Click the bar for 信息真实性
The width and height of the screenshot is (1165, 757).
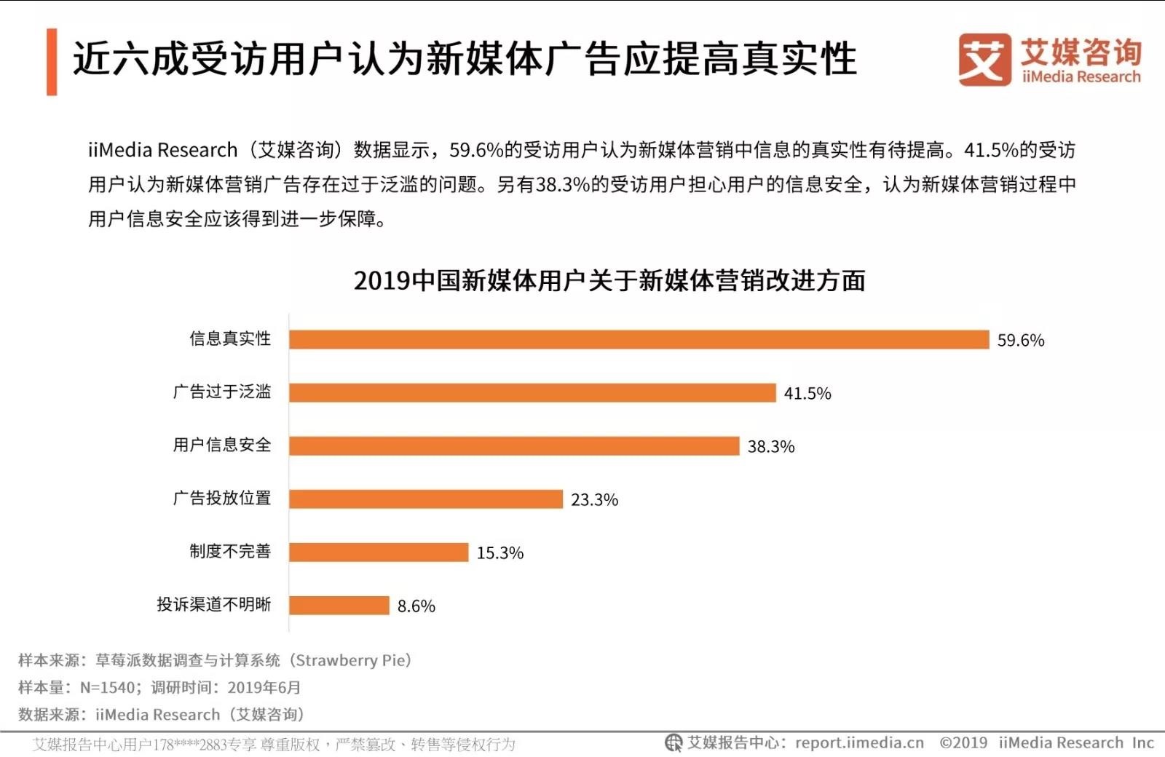(639, 340)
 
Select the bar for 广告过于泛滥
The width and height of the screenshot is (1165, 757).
(532, 393)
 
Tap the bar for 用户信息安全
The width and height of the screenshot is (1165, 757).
(514, 446)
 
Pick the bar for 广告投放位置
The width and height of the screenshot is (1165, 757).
(426, 499)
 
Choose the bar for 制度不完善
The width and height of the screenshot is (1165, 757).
(379, 552)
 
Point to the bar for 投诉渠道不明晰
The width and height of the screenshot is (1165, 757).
(339, 606)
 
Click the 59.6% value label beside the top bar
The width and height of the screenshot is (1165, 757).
(1020, 341)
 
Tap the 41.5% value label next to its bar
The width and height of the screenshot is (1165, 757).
(807, 394)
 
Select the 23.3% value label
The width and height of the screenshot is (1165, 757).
(594, 500)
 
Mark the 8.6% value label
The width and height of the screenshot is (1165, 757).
(416, 606)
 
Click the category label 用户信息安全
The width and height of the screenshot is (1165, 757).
(222, 445)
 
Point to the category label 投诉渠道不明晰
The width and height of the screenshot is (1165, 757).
(214, 604)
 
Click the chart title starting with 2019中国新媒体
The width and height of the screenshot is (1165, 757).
(609, 281)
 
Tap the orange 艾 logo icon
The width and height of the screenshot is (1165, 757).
(984, 60)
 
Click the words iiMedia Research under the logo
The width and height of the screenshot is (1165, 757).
(1081, 77)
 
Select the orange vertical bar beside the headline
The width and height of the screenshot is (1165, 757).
(52, 62)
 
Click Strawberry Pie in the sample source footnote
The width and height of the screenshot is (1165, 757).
(352, 660)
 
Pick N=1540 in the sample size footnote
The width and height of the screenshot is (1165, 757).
(108, 687)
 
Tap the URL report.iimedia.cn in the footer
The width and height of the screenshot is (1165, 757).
(859, 743)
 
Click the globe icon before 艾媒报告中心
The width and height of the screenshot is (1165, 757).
(674, 743)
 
